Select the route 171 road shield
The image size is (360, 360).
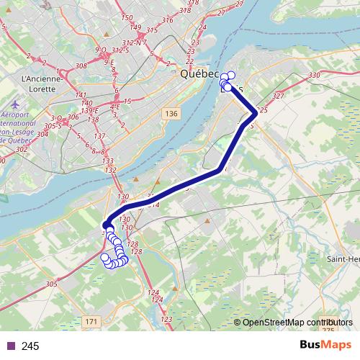pyautogui.click(x=91, y=320)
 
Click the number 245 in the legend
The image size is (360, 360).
pyautogui.click(x=31, y=346)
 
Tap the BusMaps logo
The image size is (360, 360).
pyautogui.click(x=325, y=346)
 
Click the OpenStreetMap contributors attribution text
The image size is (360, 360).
pyautogui.click(x=295, y=322)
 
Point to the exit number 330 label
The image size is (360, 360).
pyautogui.click(x=313, y=76)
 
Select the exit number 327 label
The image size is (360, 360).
pyautogui.click(x=279, y=95)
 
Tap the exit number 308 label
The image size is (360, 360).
pyautogui.click(x=81, y=66)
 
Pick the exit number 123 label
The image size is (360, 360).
pyautogui.click(x=166, y=319)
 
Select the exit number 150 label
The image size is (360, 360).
pyautogui.click(x=127, y=18)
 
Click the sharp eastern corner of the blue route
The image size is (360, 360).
pyautogui.click(x=255, y=113)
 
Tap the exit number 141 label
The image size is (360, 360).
pyautogui.click(x=81, y=94)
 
